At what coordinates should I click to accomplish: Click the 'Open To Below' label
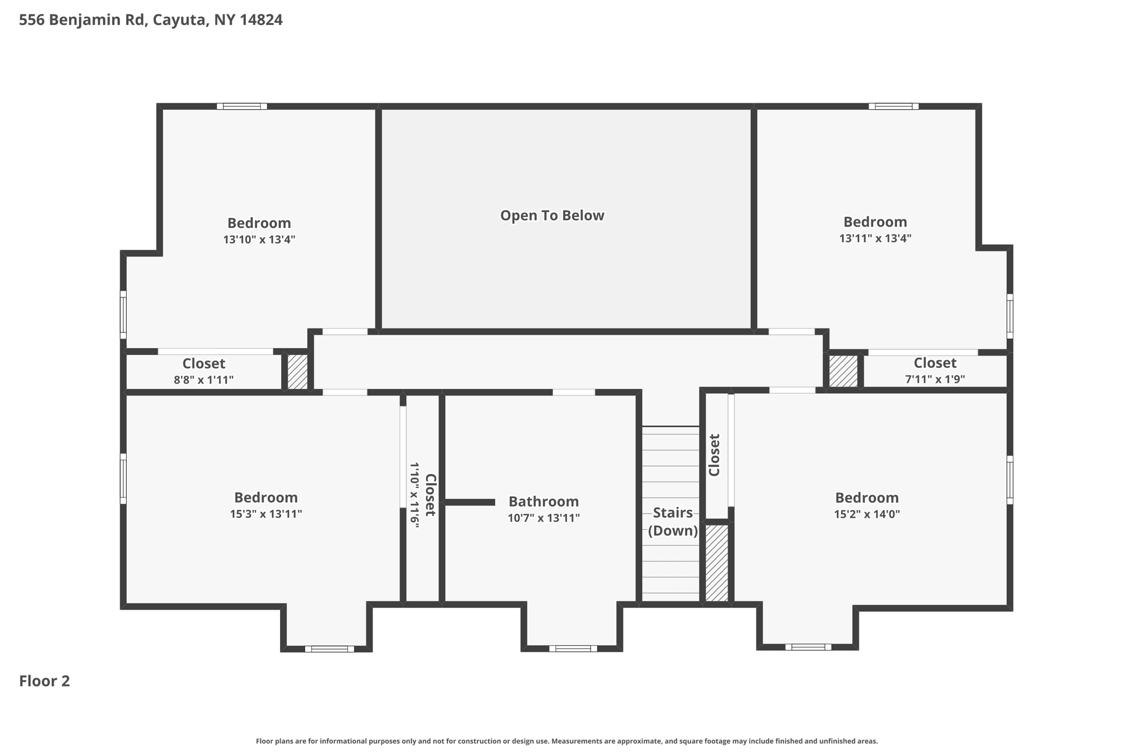coord(552,215)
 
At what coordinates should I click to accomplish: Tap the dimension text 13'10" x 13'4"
coord(259,240)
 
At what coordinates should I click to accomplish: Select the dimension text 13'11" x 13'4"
coord(875,239)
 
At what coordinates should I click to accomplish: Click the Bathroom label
coord(543,501)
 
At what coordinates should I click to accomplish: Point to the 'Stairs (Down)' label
coord(672,521)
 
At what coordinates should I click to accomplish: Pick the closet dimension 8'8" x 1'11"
coord(204,380)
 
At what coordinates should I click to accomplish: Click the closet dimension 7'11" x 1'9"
coord(935,379)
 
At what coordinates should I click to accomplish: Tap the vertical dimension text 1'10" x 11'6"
coord(414,495)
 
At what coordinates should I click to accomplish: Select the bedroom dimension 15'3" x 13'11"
coord(266,514)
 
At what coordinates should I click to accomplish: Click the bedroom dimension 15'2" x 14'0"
coord(867,514)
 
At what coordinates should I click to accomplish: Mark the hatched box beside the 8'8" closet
coord(297,372)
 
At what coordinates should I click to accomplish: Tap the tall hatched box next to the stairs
coord(717,563)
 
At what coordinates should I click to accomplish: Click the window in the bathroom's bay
coord(573,649)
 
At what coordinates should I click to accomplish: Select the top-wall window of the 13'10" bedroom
coord(241,106)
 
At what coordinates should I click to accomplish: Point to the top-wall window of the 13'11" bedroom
coord(893,106)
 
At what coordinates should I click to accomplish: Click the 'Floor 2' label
coord(44,681)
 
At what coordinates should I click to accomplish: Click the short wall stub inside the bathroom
coord(470,502)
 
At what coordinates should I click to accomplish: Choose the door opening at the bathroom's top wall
coord(574,392)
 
